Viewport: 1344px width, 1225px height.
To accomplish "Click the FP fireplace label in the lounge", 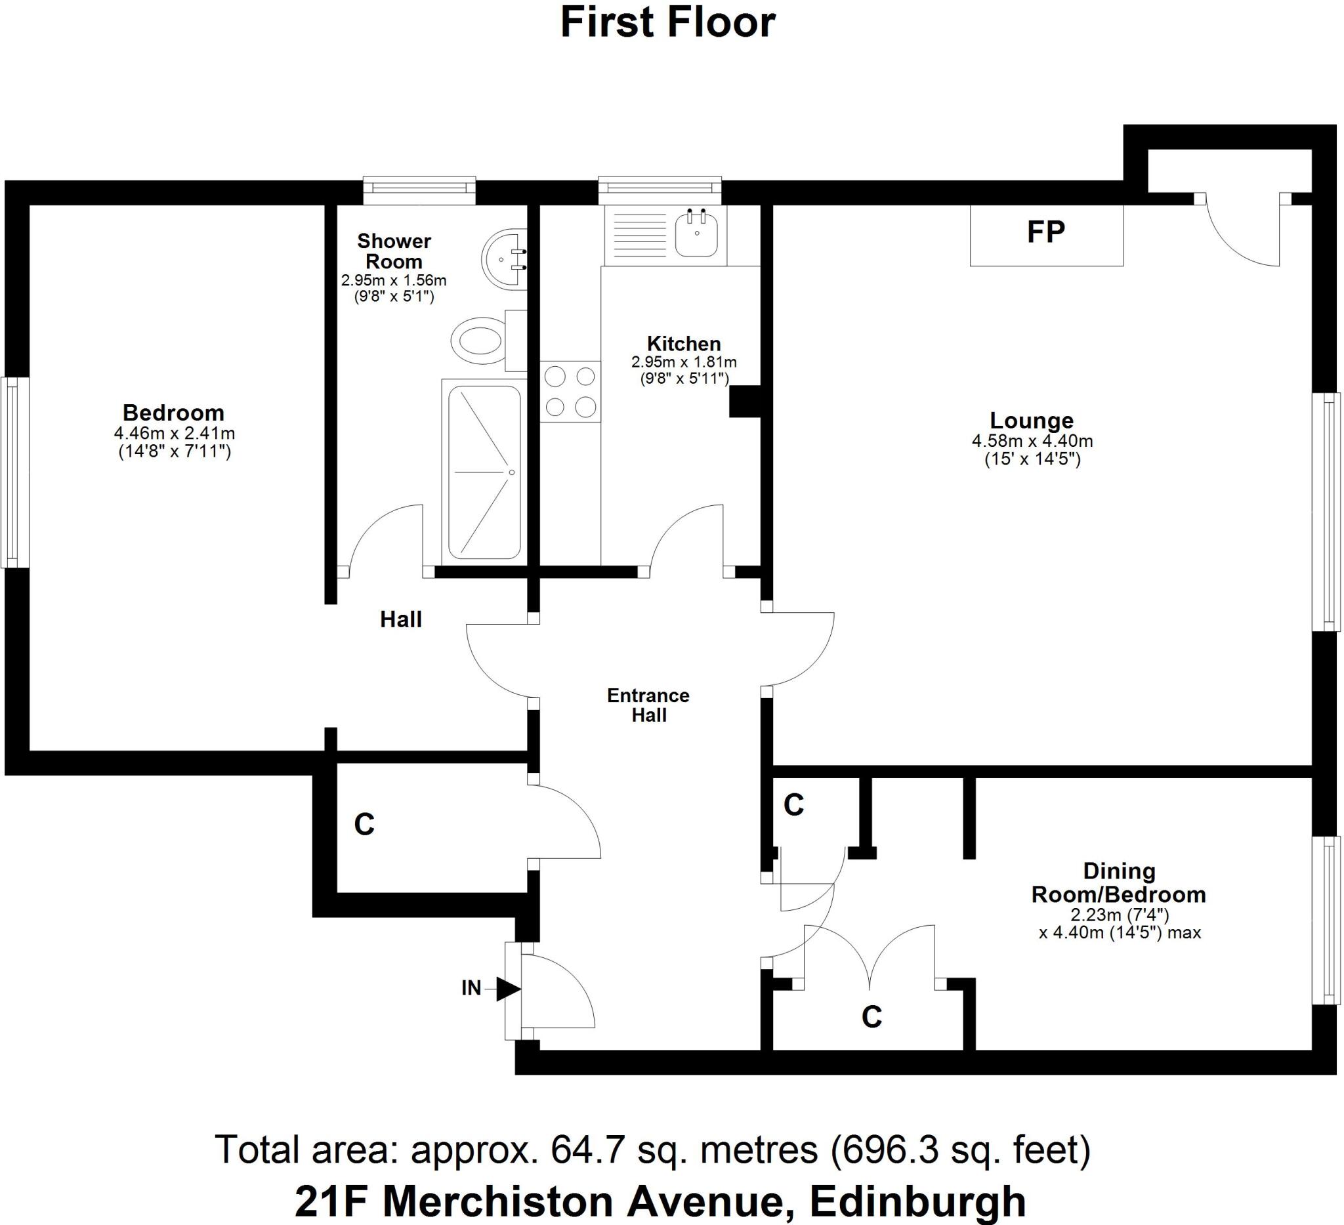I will coord(1045,232).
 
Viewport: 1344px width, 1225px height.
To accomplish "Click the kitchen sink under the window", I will coord(697,234).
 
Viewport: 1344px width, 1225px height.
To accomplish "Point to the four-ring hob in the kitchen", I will coord(570,391).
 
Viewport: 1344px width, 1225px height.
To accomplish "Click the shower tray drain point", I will coord(511,472).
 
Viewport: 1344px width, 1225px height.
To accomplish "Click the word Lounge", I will coord(1032,421).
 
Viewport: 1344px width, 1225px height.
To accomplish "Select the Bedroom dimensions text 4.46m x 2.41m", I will coord(175,433).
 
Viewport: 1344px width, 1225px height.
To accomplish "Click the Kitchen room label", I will coord(684,344).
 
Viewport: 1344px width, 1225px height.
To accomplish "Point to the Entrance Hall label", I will coord(648,705).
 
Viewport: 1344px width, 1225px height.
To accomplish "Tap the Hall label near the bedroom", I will coord(401,620).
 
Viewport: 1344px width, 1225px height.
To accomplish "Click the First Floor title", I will coord(668,23).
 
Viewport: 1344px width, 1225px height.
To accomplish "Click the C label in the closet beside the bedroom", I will coord(364,825).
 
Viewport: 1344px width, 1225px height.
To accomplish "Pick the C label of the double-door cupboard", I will coord(871,1017).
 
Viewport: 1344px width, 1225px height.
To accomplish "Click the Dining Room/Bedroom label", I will coord(1119,883).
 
